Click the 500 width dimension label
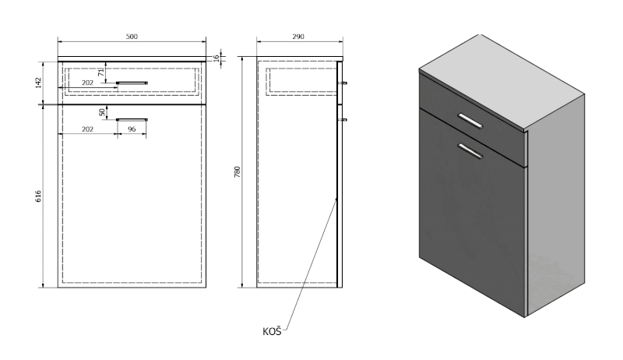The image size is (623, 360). [x=132, y=37]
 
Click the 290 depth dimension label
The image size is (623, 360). [x=298, y=37]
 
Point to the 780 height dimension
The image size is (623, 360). [x=238, y=171]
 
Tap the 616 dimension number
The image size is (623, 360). [x=38, y=196]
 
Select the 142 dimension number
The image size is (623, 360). [x=38, y=83]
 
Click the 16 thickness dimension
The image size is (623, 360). [x=216, y=57]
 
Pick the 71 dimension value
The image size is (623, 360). [x=101, y=72]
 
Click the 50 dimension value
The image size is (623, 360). [x=103, y=112]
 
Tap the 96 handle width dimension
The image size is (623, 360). [x=132, y=129]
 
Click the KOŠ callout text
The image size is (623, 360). [x=272, y=331]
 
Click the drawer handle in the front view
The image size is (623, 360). [x=132, y=83]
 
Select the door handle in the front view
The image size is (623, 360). [x=132, y=119]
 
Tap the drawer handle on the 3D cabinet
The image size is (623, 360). [x=470, y=122]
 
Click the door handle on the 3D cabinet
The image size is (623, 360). [x=470, y=151]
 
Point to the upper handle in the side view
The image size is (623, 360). [x=342, y=83]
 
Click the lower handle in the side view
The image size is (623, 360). [x=342, y=119]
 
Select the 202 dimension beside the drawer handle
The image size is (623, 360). [x=87, y=83]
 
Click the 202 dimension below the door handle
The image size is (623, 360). [x=87, y=129]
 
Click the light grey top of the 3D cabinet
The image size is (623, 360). [x=502, y=82]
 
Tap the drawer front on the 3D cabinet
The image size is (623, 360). [x=473, y=119]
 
